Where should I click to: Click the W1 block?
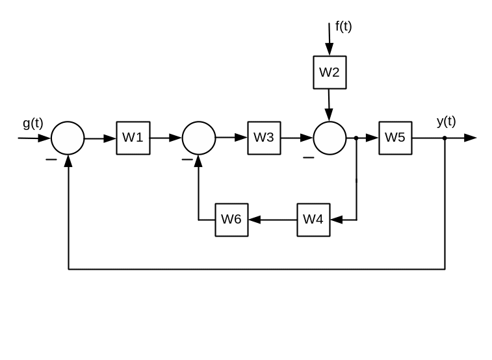pyautogui.click(x=133, y=138)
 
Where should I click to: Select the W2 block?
pyautogui.click(x=330, y=72)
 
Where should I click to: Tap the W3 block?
pyautogui.click(x=264, y=138)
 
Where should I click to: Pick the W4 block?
pyautogui.click(x=313, y=220)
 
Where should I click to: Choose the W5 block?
pyautogui.click(x=395, y=138)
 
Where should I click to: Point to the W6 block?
pyautogui.click(x=231, y=220)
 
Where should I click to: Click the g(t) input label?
pyautogui.click(x=32, y=123)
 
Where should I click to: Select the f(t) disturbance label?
pyautogui.click(x=343, y=27)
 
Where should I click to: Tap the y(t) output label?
pyautogui.click(x=446, y=122)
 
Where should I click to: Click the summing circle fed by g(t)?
pyautogui.click(x=68, y=138)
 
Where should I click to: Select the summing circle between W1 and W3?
pyautogui.click(x=199, y=138)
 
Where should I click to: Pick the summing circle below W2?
pyautogui.click(x=330, y=138)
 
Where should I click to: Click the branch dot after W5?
pyautogui.click(x=445, y=138)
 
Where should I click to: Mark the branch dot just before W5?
pyautogui.click(x=356, y=138)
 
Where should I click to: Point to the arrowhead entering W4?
pyautogui.click(x=336, y=220)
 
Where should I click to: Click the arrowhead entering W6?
pyautogui.click(x=254, y=220)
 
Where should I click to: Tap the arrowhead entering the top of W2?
pyautogui.click(x=330, y=50)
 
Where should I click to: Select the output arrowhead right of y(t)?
pyautogui.click(x=471, y=138)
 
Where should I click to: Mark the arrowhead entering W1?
pyautogui.click(x=110, y=138)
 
